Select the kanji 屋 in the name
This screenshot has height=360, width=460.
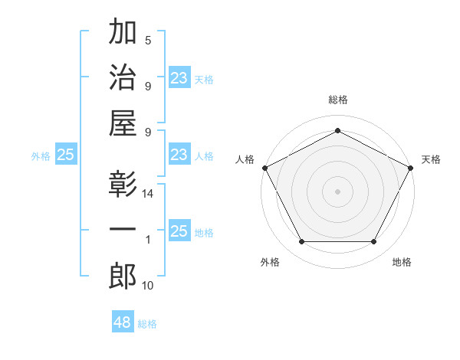[123, 123]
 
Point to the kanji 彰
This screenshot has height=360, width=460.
[123, 186]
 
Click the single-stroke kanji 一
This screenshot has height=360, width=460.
[123, 231]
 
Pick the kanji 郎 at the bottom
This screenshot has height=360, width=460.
[123, 276]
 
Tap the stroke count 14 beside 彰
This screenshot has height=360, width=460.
[148, 195]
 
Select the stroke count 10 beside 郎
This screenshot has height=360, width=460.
[148, 286]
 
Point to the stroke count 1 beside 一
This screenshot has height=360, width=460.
[148, 240]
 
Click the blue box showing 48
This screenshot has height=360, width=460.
[123, 322]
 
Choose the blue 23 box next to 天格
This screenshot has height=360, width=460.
[179, 78]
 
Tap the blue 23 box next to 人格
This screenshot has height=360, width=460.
[179, 155]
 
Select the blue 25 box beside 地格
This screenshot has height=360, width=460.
[179, 232]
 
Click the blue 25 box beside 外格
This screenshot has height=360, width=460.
[65, 155]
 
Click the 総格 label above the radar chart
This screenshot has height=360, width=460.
[337, 100]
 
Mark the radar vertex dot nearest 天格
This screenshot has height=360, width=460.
[412, 167]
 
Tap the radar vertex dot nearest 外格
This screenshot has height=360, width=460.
[301, 242]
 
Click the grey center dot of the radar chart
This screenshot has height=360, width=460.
[337, 191]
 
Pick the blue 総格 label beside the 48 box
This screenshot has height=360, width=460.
[147, 324]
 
